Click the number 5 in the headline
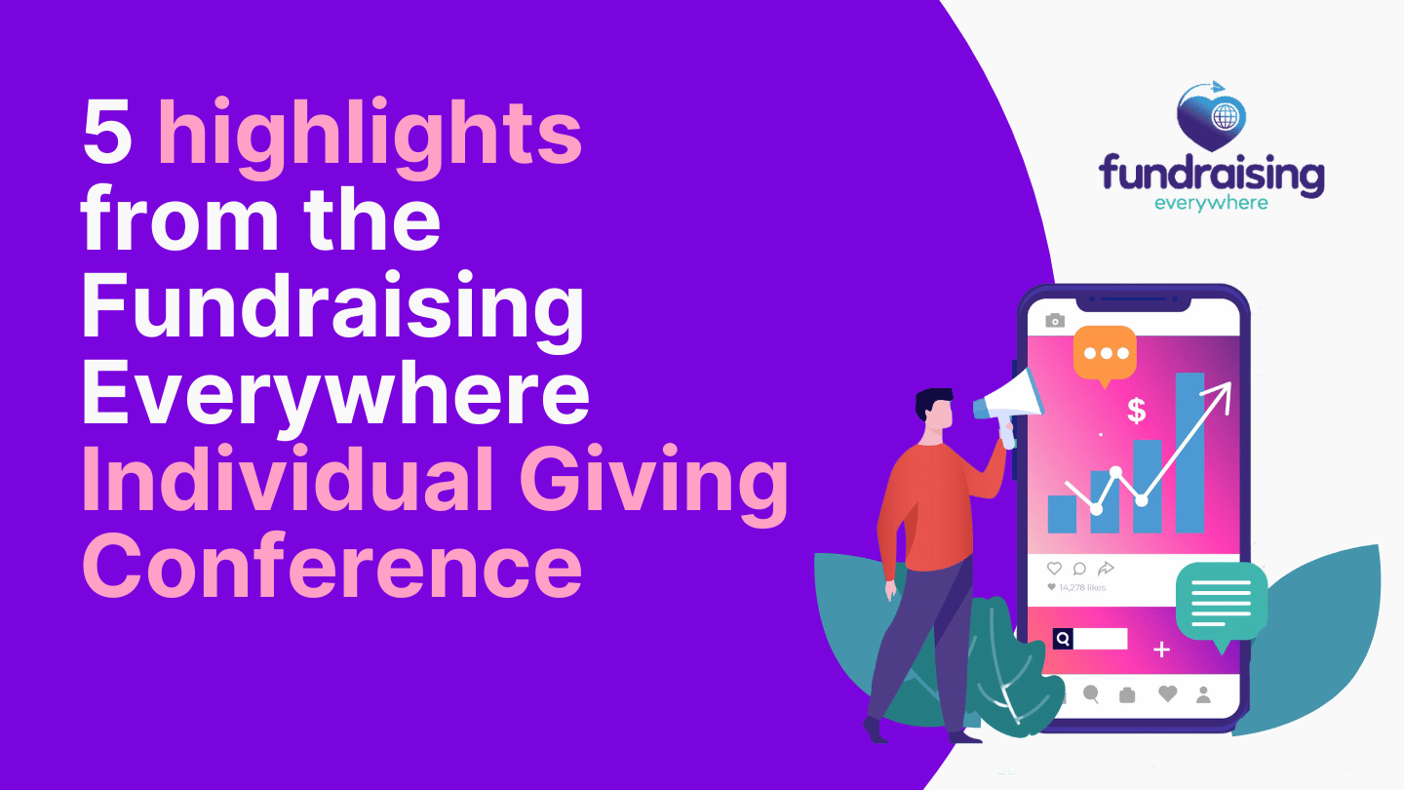tap(107, 133)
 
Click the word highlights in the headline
tap(370, 138)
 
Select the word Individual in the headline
tap(289, 479)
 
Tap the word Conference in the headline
tap(332, 566)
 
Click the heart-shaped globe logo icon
tap(1211, 117)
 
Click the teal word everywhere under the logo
tap(1211, 203)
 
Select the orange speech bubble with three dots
tap(1105, 355)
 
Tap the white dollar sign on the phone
tap(1137, 412)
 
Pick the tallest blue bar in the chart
tap(1189, 453)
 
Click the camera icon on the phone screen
tap(1055, 320)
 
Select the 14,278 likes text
tap(1082, 587)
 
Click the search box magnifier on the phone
tap(1063, 639)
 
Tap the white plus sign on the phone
tap(1161, 650)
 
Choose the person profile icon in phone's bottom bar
tap(1203, 694)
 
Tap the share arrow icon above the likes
tap(1106, 568)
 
